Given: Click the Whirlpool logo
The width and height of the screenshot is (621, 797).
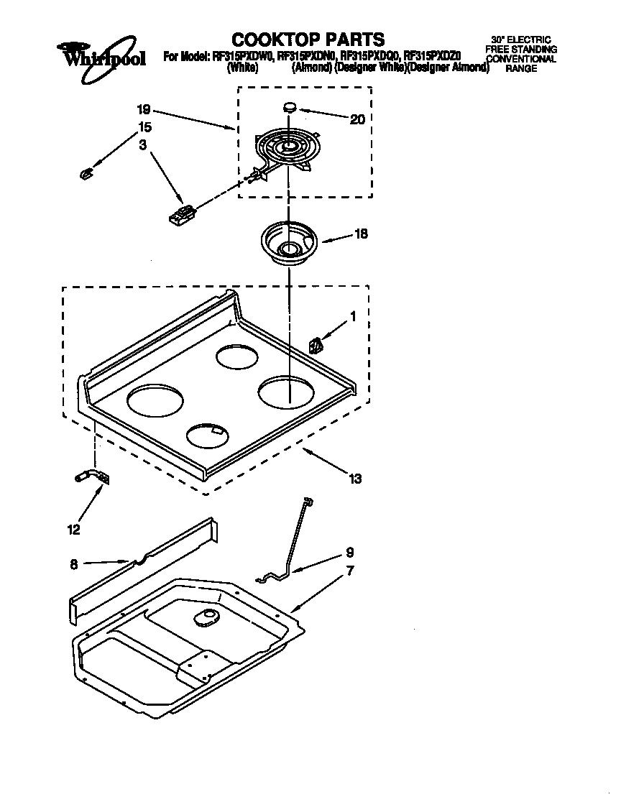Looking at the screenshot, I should [101, 53].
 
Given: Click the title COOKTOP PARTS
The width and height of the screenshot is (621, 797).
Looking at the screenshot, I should [308, 39].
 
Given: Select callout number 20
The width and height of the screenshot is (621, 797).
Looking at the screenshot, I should [356, 119].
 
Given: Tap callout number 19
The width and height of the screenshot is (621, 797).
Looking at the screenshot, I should [143, 110].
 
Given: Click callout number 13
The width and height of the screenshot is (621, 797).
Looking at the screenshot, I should [354, 478].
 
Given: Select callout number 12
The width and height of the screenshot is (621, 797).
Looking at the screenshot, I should [73, 530].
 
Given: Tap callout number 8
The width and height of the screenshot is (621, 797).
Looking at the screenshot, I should [74, 565].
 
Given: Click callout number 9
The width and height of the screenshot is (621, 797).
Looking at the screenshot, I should [349, 553].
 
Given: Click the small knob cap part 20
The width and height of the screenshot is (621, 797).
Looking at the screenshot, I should [290, 107].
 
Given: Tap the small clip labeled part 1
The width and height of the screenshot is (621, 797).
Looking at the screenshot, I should [316, 346].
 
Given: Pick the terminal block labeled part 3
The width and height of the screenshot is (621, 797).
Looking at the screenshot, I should [181, 214].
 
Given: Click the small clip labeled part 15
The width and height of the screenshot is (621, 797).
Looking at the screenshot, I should [85, 172].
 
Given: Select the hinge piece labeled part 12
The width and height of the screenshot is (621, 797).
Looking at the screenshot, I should [93, 476].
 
